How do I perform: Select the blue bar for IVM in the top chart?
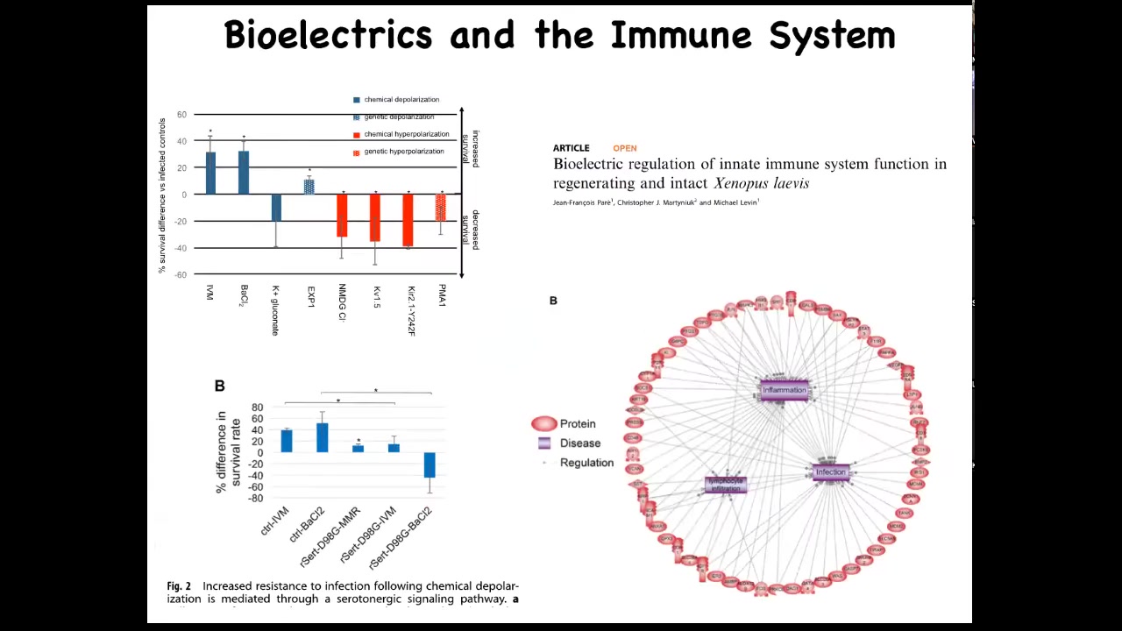(210, 173)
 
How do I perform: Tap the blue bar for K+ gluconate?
(276, 208)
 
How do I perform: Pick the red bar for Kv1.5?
(375, 217)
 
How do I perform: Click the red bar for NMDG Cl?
(342, 215)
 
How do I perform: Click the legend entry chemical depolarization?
(401, 100)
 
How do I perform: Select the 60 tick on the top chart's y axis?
(181, 114)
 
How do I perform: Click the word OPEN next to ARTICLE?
(624, 148)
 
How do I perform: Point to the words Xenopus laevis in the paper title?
(761, 183)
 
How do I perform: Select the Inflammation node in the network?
(784, 391)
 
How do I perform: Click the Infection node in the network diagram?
(830, 473)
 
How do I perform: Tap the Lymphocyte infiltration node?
(726, 484)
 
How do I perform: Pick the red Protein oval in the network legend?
(544, 424)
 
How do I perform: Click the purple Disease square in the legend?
(544, 443)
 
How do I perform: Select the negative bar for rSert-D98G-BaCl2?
(430, 464)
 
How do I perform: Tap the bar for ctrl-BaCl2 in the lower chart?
(322, 437)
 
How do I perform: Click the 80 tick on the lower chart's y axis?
(257, 408)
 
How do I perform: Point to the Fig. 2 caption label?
(179, 586)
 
